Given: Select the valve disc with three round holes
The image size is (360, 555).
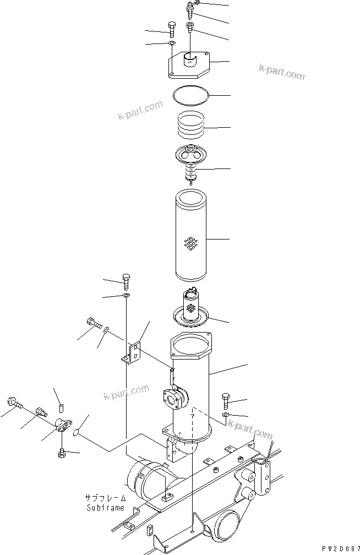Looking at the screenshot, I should coord(190,154).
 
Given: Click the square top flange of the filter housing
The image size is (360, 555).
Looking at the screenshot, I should coord(190,350).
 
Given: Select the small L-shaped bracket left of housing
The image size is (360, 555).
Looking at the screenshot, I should coord(132,353).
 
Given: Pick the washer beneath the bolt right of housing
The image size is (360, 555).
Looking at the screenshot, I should coord(226,413).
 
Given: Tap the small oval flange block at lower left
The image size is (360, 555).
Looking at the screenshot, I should coord(61,426).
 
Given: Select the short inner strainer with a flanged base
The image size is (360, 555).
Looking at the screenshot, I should coord(192,309).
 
